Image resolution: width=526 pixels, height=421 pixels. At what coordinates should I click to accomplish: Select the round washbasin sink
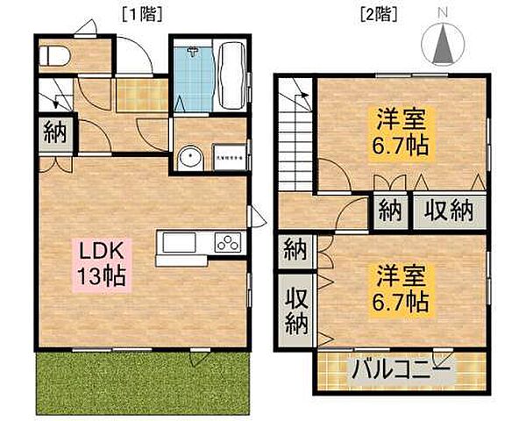187,159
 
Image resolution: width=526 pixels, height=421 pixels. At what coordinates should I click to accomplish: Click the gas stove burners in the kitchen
227,242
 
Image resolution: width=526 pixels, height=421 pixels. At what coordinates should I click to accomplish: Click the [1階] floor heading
143,13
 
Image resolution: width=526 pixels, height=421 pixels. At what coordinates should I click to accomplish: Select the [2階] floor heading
379,13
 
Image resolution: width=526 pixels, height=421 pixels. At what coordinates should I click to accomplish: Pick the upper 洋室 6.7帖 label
403,132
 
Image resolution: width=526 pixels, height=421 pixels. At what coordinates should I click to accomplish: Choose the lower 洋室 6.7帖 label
403,289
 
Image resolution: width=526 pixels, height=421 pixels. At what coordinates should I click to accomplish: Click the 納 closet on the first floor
54,136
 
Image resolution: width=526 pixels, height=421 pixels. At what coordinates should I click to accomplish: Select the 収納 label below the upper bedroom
450,210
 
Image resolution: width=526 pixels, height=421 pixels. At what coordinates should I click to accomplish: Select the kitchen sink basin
178,242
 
